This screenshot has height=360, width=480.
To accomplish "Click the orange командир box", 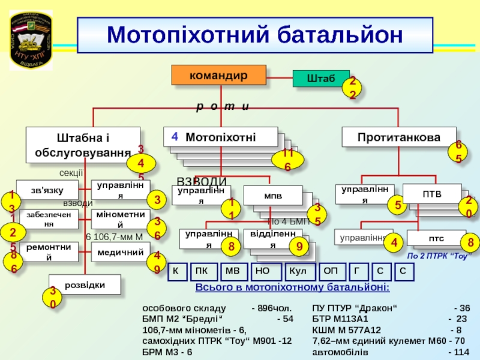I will [x=218, y=74].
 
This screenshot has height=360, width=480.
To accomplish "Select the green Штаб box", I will [x=320, y=79].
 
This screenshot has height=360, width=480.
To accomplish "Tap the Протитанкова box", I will [x=398, y=137].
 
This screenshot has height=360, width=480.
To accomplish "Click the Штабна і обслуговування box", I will [x=83, y=145].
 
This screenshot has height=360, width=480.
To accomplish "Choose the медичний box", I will [x=119, y=252].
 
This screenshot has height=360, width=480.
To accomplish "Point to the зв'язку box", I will [x=47, y=190].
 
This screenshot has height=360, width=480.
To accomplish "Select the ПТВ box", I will [x=431, y=194].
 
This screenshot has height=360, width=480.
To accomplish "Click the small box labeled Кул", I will [x=298, y=272].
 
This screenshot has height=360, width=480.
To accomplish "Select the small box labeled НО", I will [x=263, y=272].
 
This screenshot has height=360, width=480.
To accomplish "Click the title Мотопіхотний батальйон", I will [x=254, y=35].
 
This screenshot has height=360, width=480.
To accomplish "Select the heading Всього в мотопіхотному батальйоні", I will [x=292, y=289].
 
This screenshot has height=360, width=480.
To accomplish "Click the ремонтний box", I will [x=48, y=252].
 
